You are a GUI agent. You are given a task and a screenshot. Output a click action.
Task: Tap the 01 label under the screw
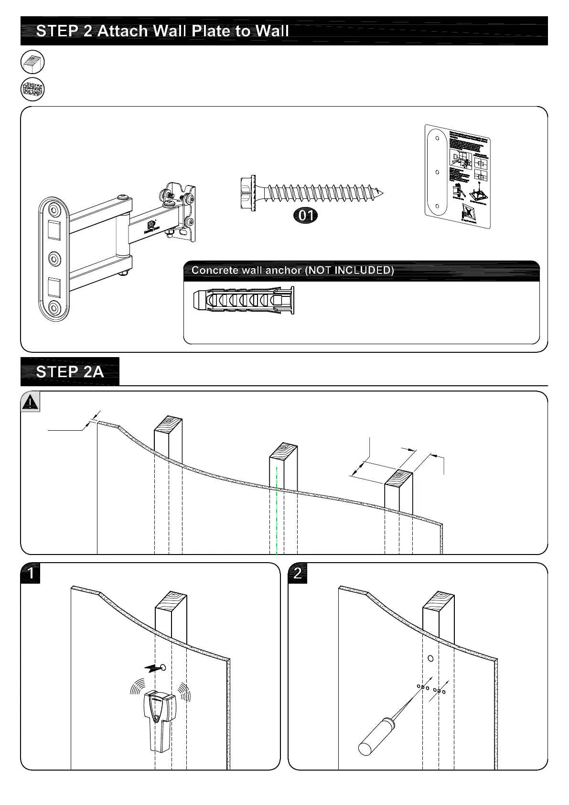306,216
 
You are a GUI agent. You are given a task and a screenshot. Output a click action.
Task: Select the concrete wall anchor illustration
244,301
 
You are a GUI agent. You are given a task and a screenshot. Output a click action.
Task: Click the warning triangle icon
30,402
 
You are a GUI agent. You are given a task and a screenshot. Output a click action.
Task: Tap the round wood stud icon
32,62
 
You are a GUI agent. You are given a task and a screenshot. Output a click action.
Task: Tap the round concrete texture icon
32,89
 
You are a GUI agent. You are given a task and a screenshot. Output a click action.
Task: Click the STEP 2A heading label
70,372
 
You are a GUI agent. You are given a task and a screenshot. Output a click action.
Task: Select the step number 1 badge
31,573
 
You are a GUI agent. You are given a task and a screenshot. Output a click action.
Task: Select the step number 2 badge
298,573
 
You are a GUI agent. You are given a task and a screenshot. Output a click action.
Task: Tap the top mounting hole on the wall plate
54,210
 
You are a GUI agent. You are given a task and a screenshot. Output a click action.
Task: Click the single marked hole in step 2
430,658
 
